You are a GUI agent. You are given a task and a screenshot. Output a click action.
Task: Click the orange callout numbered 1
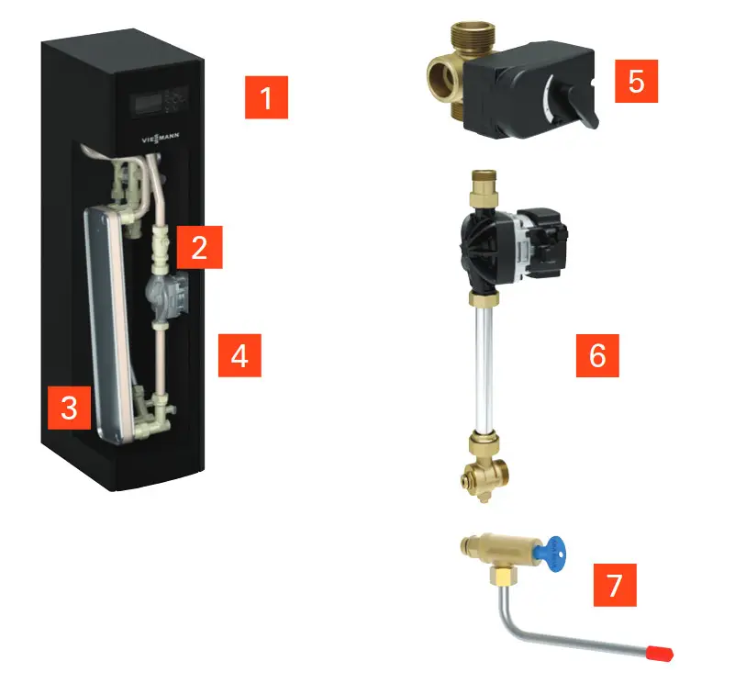[x=266, y=97]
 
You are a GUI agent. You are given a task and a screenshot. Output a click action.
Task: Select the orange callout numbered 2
[x=199, y=247]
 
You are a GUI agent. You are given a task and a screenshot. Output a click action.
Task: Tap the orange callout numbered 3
[x=69, y=408]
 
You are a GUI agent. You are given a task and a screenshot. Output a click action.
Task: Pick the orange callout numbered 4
[x=239, y=355]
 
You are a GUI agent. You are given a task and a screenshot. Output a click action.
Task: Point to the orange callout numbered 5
[x=636, y=81]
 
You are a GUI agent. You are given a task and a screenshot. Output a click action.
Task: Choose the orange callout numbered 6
[x=597, y=355]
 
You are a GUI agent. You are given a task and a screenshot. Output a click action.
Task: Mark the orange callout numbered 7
[x=615, y=585]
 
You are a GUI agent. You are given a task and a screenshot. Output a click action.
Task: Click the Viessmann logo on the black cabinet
[x=161, y=139]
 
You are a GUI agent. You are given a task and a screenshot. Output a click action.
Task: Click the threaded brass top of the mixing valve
[x=469, y=34]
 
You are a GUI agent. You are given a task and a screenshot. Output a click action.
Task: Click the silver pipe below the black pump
[x=484, y=370]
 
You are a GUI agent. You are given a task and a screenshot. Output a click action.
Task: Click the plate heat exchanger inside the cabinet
[x=107, y=324]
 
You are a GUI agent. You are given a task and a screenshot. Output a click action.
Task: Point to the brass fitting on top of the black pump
[x=483, y=190]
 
